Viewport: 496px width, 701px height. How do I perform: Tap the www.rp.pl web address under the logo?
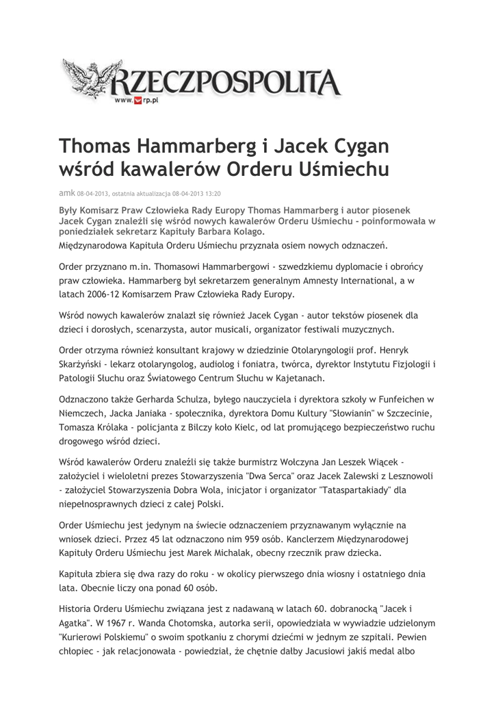[x=136, y=101]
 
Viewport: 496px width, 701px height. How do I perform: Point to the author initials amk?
[x=67, y=193]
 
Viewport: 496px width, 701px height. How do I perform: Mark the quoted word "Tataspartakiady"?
[x=351, y=490]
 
